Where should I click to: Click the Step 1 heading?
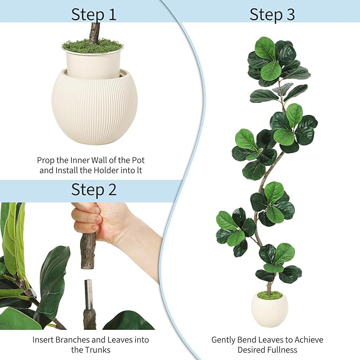(x=94, y=14)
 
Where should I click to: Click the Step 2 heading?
(x=94, y=189)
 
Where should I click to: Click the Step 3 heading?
(x=272, y=14)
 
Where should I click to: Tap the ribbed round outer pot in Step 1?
(x=94, y=109)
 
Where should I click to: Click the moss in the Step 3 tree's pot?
(x=270, y=295)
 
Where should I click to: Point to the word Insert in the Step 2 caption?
(x=43, y=339)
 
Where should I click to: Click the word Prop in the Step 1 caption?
(x=46, y=160)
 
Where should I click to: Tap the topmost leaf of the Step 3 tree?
(x=265, y=48)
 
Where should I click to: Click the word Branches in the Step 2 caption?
(x=74, y=339)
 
